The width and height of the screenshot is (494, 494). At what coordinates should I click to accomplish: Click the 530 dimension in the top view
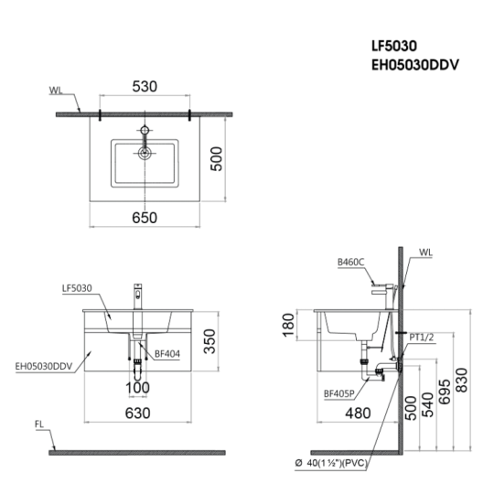tap(145, 86)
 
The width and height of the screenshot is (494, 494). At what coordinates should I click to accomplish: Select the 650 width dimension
tap(145, 218)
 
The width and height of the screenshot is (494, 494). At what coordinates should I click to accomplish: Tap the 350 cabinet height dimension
tap(209, 341)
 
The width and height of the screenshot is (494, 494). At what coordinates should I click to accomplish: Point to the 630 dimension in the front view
tap(137, 413)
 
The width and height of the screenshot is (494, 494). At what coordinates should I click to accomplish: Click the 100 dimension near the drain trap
tap(137, 388)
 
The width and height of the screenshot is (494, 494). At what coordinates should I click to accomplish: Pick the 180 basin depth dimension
tap(288, 325)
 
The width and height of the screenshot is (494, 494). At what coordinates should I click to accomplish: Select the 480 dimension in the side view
tap(358, 413)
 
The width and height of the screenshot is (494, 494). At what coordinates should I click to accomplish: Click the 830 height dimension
tap(462, 380)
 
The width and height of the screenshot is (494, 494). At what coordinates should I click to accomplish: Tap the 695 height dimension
tap(445, 392)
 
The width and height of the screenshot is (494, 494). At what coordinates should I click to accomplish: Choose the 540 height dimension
tap(427, 405)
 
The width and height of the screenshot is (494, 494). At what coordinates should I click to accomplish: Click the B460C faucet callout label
tap(350, 263)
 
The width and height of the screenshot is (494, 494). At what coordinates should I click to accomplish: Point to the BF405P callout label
tap(339, 393)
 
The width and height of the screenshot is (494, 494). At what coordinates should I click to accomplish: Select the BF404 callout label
tap(167, 354)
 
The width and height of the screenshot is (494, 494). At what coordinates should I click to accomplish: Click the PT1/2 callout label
tap(422, 337)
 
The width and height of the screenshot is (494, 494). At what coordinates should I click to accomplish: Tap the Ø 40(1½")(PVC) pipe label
tap(331, 463)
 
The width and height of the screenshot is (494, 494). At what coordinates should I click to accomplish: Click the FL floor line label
tap(39, 424)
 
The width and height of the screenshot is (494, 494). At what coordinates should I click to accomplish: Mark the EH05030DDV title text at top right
tap(415, 65)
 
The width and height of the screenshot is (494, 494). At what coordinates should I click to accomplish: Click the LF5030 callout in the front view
tap(77, 288)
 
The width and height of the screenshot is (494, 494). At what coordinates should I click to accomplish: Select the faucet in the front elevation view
tap(138, 296)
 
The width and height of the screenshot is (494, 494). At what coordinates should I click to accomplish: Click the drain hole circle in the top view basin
tap(145, 154)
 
